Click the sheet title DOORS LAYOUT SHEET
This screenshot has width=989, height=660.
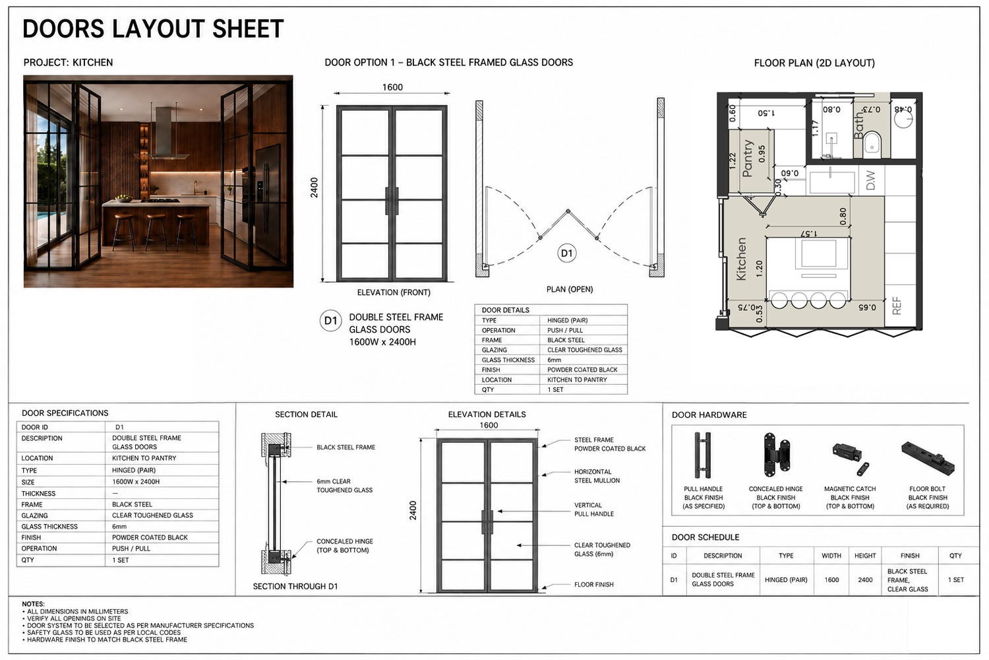pyautogui.click(x=153, y=29)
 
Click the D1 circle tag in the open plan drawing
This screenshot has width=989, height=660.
pyautogui.click(x=566, y=253)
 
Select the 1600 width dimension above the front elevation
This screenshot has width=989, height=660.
pyautogui.click(x=392, y=87)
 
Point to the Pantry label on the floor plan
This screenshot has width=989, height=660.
pyautogui.click(x=747, y=158)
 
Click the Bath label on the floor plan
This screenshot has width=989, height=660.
pyautogui.click(x=858, y=125)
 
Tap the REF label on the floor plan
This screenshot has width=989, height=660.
pyautogui.click(x=896, y=306)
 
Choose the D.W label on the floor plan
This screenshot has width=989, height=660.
pyautogui.click(x=870, y=180)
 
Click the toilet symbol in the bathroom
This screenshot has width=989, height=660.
pyautogui.click(x=872, y=143)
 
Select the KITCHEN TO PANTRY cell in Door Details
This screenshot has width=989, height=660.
pyautogui.click(x=577, y=379)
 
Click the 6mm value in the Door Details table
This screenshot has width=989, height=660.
pyautogui.click(x=554, y=360)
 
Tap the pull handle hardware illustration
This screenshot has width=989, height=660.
pyautogui.click(x=703, y=455)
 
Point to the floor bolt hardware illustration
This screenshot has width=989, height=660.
pyautogui.click(x=928, y=458)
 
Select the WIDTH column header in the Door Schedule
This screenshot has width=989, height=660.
pyautogui.click(x=831, y=556)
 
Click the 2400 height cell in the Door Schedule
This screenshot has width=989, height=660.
pyautogui.click(x=865, y=579)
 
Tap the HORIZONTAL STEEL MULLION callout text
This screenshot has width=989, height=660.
pyautogui.click(x=597, y=476)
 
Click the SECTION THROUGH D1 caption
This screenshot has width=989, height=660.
pyautogui.click(x=295, y=586)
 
